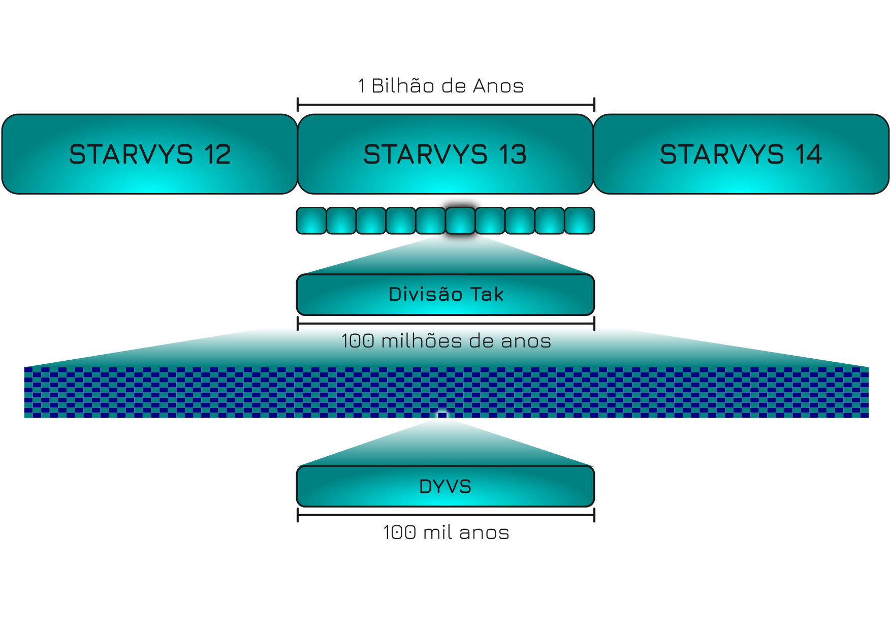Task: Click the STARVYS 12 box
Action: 150,154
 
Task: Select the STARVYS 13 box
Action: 445,154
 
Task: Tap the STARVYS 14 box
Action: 741,154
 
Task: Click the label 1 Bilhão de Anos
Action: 441,86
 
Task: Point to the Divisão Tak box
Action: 445,295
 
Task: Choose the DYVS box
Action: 445,486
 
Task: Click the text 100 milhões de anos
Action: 446,341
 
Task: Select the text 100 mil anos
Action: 446,532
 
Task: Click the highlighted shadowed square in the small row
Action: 460,220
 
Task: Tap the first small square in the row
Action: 311,220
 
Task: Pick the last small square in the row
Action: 580,220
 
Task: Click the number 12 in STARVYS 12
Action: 218,154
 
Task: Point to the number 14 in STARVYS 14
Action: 809,154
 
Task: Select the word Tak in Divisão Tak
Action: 487,294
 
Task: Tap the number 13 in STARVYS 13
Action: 513,154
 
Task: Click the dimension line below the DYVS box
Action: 445,515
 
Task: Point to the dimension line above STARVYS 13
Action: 445,105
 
